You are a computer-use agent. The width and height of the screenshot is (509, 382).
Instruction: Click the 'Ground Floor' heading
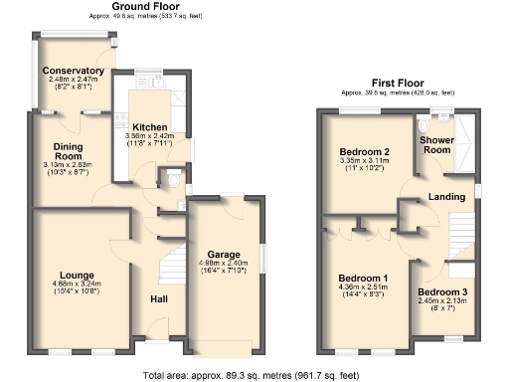click(145, 7)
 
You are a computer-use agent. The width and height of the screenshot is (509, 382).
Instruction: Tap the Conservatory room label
click(74, 71)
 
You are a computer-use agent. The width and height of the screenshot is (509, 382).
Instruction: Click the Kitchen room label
click(150, 127)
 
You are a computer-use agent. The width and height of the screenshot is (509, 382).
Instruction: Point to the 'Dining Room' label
click(68, 151)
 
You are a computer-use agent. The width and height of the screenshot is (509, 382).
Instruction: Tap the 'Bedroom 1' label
click(363, 278)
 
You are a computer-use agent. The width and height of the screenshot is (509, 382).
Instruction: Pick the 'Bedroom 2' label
click(363, 152)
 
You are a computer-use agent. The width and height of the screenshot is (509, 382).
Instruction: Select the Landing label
click(446, 197)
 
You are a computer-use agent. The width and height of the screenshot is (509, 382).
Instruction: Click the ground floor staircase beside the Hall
click(170, 269)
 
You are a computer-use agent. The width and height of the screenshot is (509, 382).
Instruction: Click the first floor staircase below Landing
click(458, 239)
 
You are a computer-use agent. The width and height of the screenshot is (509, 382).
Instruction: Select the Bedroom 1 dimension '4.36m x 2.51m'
click(363, 287)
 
